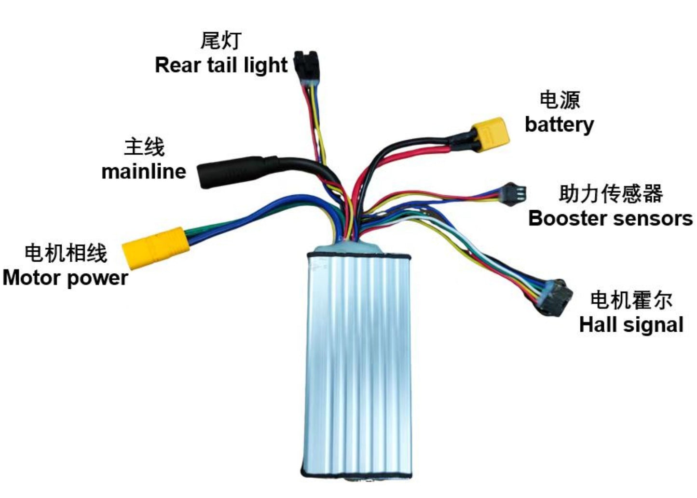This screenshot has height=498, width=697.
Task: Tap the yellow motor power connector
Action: pos(154,247)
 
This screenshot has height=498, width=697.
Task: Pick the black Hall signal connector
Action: pos(555,297)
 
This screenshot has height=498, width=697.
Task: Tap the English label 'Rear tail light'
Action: pos(221,65)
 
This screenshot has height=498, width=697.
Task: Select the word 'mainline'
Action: pos(144,171)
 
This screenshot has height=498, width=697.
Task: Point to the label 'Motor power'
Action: pos(65,278)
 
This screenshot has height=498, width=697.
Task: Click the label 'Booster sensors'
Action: pos(610,218)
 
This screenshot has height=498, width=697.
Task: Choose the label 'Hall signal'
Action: pos(631,324)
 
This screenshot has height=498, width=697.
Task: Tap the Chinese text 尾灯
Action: pos(221,40)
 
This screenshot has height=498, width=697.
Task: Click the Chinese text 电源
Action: pos(560,100)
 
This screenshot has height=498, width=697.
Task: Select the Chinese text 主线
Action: pos(144,147)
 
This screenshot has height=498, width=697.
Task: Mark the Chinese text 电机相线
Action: pos(66,253)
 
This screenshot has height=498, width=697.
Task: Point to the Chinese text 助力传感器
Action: pos(611,193)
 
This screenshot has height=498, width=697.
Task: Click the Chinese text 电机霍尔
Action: pos(631,300)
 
